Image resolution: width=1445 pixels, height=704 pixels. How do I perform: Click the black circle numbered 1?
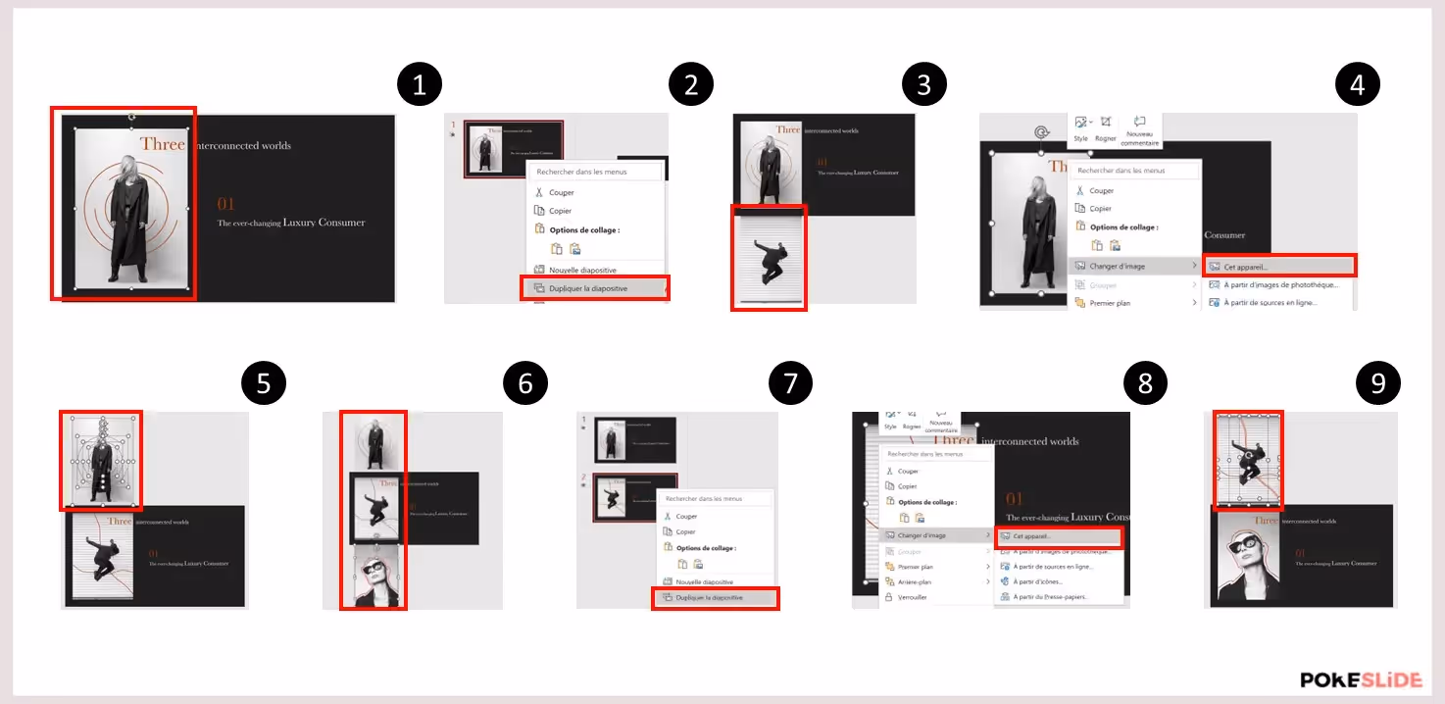[x=420, y=85]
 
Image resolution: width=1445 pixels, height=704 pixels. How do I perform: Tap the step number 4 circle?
[x=1358, y=85]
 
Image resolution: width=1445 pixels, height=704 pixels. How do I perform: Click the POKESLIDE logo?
[x=1360, y=679]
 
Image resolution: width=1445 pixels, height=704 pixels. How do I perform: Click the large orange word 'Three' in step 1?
[x=162, y=144]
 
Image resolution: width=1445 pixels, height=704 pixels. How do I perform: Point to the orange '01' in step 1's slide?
[x=226, y=204]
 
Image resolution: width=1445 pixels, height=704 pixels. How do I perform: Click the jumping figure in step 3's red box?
[x=769, y=260]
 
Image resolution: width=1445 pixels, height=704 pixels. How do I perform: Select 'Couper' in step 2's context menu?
[x=562, y=192]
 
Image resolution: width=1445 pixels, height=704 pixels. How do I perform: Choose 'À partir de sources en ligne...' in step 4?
[x=1270, y=303]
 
